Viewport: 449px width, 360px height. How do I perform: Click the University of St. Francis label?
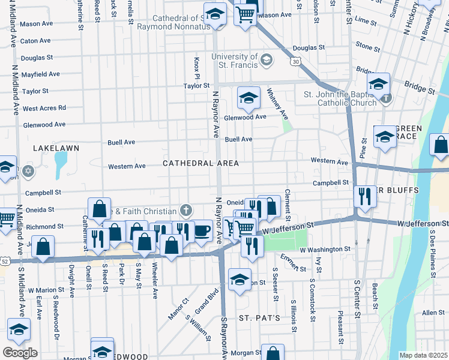(234, 61)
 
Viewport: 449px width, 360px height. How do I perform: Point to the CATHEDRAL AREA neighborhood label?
(200, 163)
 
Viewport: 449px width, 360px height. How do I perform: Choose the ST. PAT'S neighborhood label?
(259, 317)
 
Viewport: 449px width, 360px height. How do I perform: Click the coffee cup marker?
(202, 231)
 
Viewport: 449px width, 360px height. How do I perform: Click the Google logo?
(20, 353)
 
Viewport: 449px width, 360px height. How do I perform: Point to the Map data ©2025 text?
(423, 355)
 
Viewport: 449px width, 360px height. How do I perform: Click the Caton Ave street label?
(35, 41)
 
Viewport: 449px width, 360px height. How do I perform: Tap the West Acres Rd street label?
(44, 108)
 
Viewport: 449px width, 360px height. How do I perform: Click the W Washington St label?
(325, 248)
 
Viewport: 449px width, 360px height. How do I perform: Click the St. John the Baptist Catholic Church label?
(340, 98)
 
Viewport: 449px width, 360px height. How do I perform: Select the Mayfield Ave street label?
(41, 74)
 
